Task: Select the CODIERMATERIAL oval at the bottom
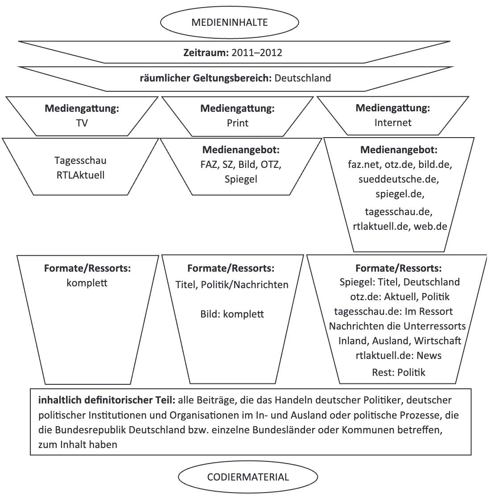[248, 477]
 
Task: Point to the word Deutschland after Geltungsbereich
[303, 78]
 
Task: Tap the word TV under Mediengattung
[82, 122]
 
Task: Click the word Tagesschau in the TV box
[81, 161]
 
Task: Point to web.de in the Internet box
[430, 226]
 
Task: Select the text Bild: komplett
[232, 314]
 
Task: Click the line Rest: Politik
[399, 372]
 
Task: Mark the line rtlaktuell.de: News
[398, 355]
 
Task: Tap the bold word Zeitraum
[206, 53]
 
